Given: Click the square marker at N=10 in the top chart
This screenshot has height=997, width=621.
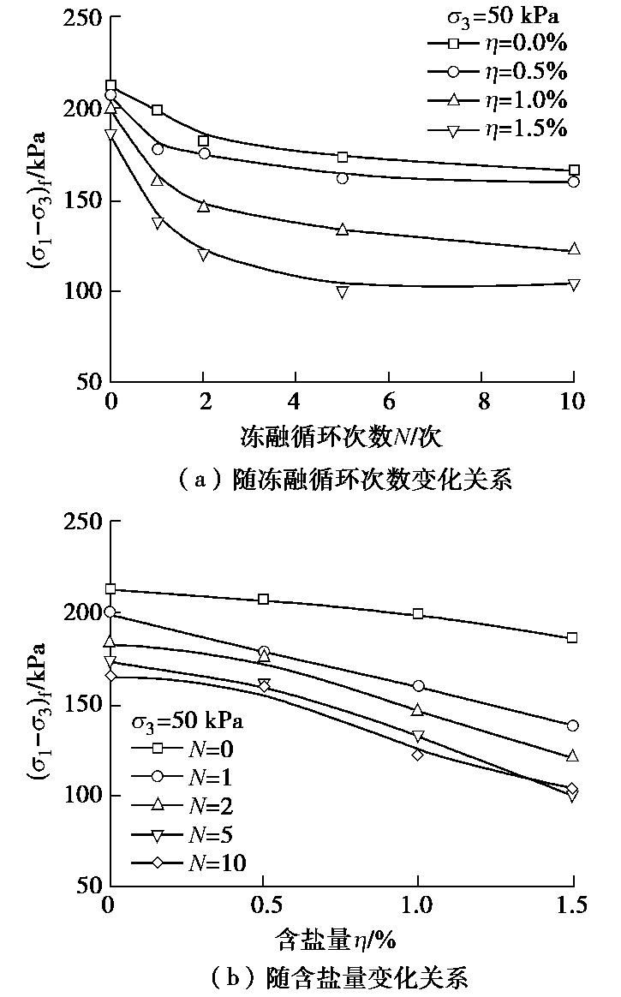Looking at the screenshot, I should click(x=574, y=170).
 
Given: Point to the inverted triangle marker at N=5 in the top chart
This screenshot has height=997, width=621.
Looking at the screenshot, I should click(x=343, y=292).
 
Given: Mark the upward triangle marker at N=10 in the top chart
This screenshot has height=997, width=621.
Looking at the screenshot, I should click(x=574, y=249).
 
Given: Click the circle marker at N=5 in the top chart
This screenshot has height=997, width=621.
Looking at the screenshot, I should click(x=343, y=178).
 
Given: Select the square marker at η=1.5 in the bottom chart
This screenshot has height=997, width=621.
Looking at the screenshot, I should click(x=572, y=638).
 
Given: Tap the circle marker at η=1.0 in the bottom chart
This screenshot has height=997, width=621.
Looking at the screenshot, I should click(x=418, y=686).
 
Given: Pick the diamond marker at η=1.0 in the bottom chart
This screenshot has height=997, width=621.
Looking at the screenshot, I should click(x=418, y=755).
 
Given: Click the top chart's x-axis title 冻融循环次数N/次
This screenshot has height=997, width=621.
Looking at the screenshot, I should click(x=343, y=438).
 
